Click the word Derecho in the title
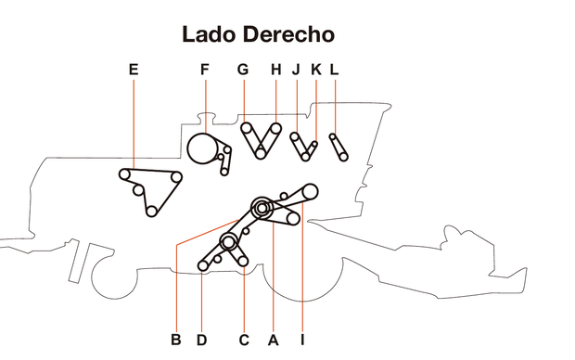point(289,35)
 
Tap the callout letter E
point(134,70)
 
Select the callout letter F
point(205,70)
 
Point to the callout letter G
point(243,70)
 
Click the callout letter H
point(275,70)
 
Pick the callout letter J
point(296,70)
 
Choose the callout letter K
point(315,70)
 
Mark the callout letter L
point(334,70)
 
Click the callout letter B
point(175,340)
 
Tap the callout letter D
point(201,340)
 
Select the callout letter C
point(244,340)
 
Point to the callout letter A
point(273,340)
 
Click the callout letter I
point(302,340)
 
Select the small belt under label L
point(339,147)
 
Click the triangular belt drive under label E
point(148,189)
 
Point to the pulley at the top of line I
point(310,191)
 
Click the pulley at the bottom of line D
point(204,266)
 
